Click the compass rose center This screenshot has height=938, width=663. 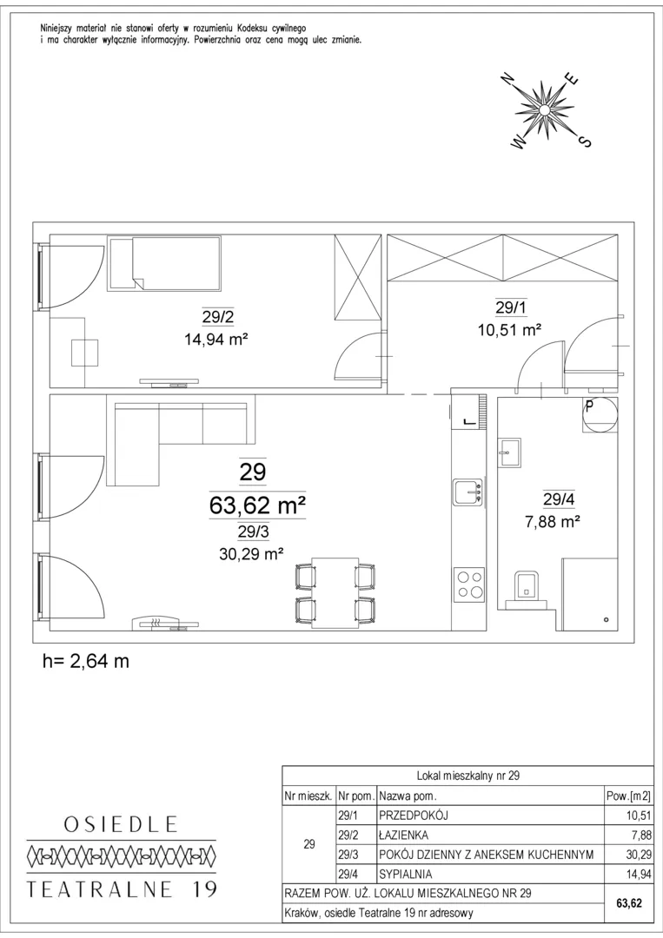pos(545,109)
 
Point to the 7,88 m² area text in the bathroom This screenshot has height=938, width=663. pos(553,522)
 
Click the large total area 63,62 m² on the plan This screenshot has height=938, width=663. pos(257,506)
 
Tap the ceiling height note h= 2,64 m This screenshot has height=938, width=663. pos(86,661)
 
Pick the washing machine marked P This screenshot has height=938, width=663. pos(600,414)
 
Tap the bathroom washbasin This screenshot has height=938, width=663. pos(510,452)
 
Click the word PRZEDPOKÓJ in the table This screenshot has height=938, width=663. pos(414,816)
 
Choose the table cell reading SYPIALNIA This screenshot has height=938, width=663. pos(405,874)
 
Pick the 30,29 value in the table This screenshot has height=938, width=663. pos(639,855)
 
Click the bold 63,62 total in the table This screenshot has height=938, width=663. pos(629,903)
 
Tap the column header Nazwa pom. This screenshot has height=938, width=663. pos(408,796)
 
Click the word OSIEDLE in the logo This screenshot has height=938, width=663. pos(121,824)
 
